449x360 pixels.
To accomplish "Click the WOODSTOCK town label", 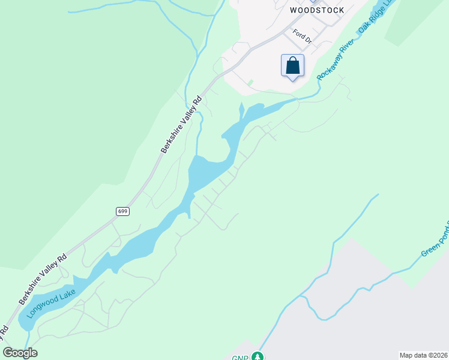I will coord(317,10).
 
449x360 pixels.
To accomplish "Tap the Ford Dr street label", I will coord(303,37).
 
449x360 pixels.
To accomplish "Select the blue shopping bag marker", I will coord(292,65).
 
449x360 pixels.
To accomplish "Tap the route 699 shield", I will coord(122,211).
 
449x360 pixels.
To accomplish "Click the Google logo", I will coord(20,353).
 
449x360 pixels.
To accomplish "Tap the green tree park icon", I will coord(258,356).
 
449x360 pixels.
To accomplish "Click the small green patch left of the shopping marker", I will coord(250,82).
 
